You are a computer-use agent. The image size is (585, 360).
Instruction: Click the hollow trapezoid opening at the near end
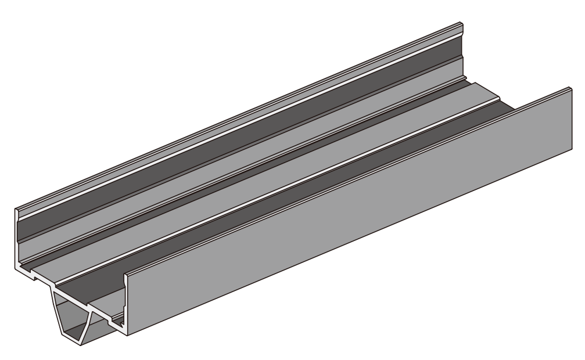click(73, 316)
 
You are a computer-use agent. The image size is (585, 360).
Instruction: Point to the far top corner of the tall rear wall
click(461, 24)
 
